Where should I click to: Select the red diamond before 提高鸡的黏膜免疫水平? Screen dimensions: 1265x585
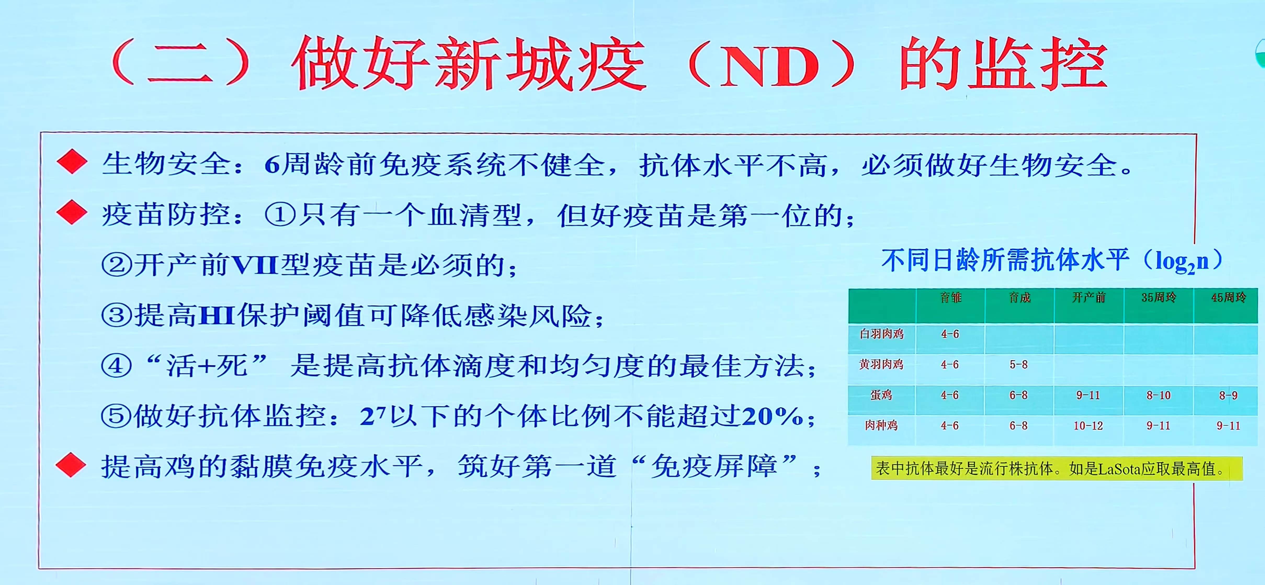pos(71,465)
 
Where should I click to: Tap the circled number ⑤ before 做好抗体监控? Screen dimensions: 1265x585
pos(116,417)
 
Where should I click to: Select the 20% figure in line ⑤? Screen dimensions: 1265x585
pos(773,417)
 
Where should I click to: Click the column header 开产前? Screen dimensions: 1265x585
pos(1089,297)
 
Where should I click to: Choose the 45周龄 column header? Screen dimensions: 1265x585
pos(1228,297)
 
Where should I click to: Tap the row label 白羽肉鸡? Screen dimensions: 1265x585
pos(882,334)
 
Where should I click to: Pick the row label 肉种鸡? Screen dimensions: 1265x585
pos(882,425)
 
